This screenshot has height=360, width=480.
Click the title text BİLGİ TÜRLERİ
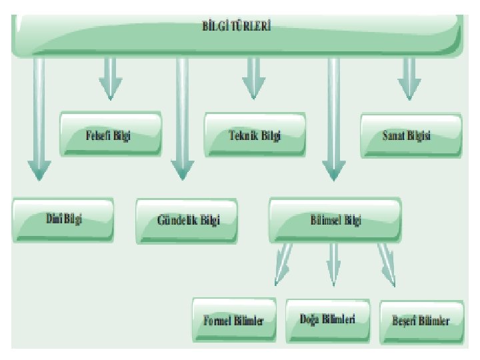236,27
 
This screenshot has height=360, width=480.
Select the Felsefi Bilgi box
111,135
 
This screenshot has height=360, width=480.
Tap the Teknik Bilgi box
254,135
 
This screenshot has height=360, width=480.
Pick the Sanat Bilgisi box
411,135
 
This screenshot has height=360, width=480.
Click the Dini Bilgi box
63,218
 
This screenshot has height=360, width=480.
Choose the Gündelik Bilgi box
187,219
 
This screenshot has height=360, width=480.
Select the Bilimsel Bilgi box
335,219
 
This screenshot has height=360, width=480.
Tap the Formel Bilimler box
233,321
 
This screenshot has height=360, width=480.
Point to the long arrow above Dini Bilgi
40,120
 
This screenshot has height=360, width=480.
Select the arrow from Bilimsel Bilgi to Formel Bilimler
283,263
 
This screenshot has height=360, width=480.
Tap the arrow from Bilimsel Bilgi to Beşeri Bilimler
387,263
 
